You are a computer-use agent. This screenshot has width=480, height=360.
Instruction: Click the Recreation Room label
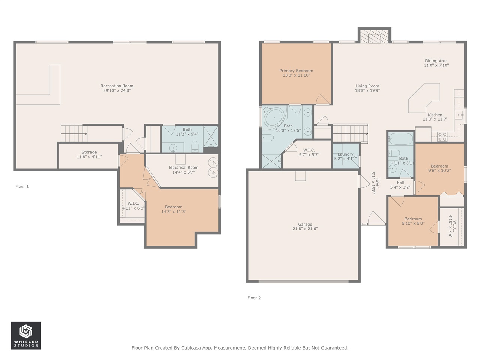[x=117, y=85]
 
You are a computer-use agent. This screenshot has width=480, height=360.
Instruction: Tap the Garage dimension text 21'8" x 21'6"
[x=305, y=229]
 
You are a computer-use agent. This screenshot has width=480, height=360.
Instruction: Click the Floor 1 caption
[x=22, y=186]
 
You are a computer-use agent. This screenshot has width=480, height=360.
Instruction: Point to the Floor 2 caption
[x=254, y=298]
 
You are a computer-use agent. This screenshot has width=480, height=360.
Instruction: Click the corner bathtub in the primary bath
[x=274, y=118]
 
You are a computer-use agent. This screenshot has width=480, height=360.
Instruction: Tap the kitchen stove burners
[x=442, y=136]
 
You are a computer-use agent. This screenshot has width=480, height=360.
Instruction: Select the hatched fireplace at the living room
[x=374, y=36]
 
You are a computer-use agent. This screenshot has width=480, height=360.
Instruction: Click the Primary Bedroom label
[x=296, y=70]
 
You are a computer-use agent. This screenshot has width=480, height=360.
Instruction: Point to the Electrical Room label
[x=183, y=167]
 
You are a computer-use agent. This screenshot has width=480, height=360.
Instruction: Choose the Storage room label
[x=89, y=152]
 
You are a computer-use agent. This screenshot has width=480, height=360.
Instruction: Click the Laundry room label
[x=345, y=154]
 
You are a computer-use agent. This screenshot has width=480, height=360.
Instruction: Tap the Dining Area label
[x=436, y=60]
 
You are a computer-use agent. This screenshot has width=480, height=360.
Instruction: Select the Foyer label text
[x=378, y=183]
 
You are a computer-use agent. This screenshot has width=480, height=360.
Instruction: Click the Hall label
[x=400, y=183]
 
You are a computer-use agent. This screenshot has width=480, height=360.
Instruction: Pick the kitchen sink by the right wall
[x=459, y=115]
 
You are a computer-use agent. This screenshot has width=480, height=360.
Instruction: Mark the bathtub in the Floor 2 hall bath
[x=400, y=139]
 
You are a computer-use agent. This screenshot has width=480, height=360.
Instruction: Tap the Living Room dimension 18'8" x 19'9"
[x=367, y=90]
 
